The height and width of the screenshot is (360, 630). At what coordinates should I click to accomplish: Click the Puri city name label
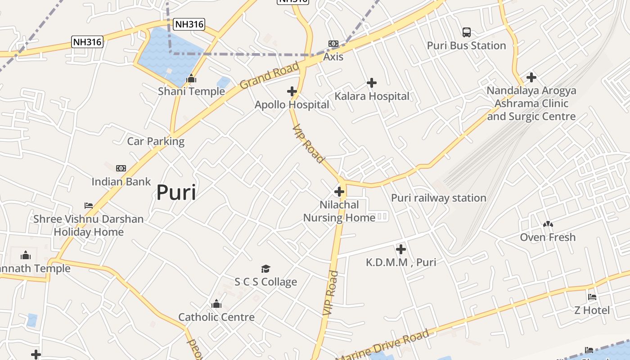[176, 193]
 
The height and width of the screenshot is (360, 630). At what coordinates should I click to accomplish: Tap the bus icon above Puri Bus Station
[467, 32]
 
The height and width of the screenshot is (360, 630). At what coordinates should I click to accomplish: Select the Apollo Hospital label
[292, 105]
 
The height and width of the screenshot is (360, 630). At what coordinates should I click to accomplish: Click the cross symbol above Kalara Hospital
[372, 83]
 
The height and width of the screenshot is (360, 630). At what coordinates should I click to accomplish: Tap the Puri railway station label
[438, 198]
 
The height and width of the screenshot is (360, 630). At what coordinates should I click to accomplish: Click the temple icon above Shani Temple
[191, 79]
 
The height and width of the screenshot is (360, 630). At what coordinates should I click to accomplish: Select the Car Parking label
[156, 141]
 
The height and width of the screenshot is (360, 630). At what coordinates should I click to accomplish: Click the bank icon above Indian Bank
[121, 168]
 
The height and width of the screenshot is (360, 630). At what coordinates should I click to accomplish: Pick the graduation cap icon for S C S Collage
[265, 269]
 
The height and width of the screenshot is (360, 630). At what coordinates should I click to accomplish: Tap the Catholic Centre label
[216, 317]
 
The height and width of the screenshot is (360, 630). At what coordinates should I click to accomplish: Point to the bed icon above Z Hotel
[592, 297]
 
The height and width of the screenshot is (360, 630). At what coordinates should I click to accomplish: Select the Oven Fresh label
[548, 237]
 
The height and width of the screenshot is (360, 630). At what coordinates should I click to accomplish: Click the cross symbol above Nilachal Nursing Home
[339, 192]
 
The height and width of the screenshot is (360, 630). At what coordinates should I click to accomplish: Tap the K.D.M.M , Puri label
[400, 262]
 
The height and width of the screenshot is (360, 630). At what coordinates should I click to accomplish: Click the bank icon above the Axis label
[333, 44]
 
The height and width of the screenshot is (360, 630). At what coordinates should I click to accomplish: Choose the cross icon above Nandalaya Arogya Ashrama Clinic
[531, 77]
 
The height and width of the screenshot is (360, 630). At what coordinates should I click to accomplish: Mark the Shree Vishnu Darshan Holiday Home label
[89, 225]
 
